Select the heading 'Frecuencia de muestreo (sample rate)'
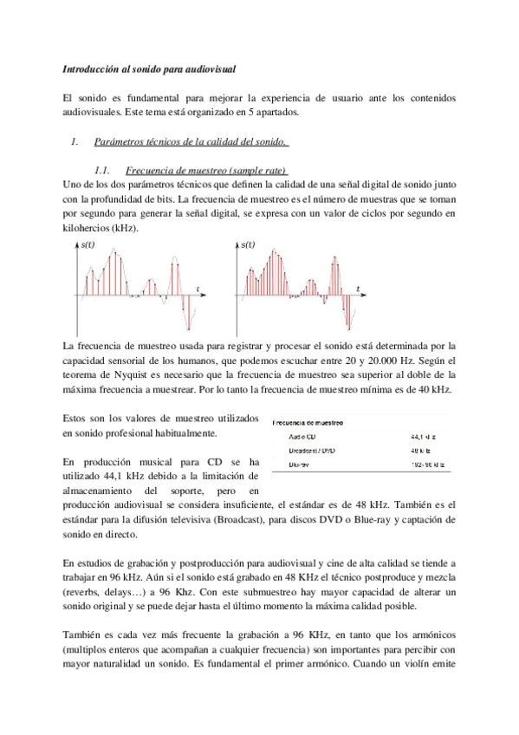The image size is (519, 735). (x=205, y=169)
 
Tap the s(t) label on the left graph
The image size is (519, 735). (x=88, y=246)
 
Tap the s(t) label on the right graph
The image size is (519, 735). (x=248, y=245)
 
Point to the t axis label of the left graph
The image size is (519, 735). (x=198, y=287)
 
